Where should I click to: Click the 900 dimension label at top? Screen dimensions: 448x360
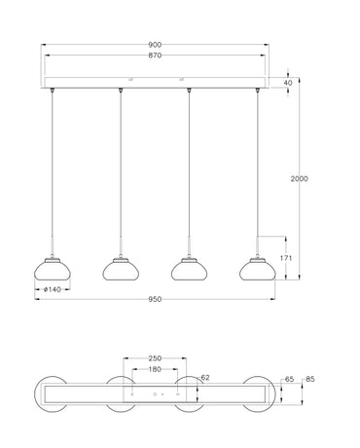tap(154, 45)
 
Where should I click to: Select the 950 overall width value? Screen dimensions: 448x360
tap(154, 299)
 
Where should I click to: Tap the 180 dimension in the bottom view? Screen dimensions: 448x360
tap(155, 369)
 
